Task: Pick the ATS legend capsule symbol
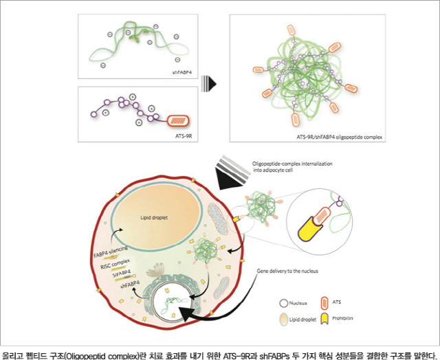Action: pos(326,300)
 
